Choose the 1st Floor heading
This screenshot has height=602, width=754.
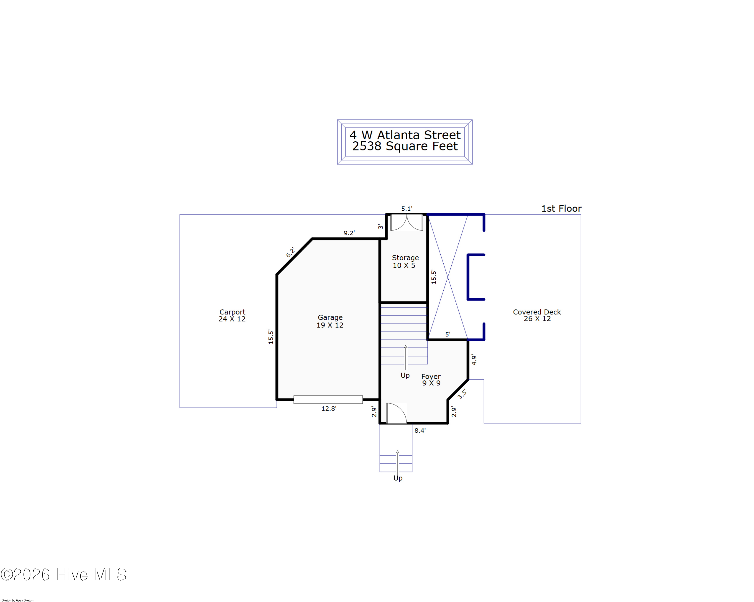click(561, 209)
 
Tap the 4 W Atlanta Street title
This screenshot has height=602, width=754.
click(405, 135)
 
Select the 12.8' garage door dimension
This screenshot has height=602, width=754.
click(329, 409)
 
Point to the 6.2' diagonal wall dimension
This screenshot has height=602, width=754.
click(290, 252)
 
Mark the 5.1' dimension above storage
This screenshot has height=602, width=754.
click(407, 209)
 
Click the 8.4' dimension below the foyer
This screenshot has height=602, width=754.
click(420, 430)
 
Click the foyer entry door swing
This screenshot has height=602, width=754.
click(396, 413)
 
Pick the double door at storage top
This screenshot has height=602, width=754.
click(406, 223)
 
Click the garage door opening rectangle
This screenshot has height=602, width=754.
click(328, 399)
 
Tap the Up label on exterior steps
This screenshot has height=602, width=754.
click(398, 478)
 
